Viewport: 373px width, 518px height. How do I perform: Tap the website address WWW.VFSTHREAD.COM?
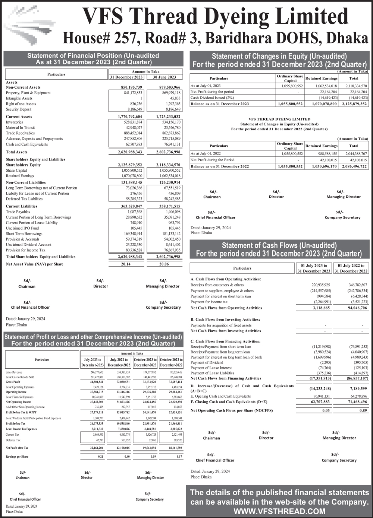click(x=279, y=511)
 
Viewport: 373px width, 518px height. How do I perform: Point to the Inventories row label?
click(x=15, y=122)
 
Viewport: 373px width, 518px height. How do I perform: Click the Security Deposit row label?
click(x=19, y=109)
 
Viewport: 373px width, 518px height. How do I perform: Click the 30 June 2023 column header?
click(x=164, y=77)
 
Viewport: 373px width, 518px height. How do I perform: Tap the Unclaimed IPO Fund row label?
click(x=22, y=228)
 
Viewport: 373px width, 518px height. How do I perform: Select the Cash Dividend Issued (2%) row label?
click(x=212, y=98)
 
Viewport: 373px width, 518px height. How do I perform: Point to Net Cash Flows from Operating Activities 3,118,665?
click(x=322, y=308)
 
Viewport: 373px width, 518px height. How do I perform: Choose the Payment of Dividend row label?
click(x=207, y=362)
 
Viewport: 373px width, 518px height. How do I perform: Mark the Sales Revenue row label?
click(x=14, y=372)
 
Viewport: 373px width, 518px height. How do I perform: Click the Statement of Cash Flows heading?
click(x=279, y=250)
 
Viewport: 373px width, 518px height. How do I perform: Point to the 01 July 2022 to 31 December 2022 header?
click(x=351, y=268)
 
